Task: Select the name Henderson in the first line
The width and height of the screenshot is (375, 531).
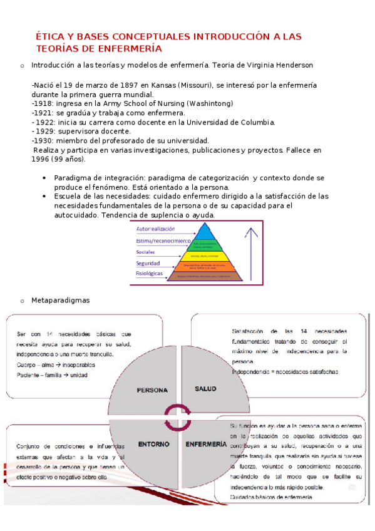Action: pos(291,64)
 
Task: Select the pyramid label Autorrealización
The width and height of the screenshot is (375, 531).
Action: pos(155,229)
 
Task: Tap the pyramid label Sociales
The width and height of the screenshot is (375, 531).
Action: pos(145,252)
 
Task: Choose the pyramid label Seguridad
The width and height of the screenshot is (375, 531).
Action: pos(148,263)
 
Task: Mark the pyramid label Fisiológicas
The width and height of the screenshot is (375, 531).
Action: pos(150,274)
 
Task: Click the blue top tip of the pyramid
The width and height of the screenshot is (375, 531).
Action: pos(200,229)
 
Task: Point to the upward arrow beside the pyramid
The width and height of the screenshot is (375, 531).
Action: pos(252,250)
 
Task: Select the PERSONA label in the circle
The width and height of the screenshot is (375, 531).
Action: pos(152,390)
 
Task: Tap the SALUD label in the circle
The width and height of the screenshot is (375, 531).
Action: pos(205,389)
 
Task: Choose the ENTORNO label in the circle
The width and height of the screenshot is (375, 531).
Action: pos(154,443)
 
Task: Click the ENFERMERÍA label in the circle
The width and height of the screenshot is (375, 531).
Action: pos(206,443)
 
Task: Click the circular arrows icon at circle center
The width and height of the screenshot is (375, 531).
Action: pos(178,416)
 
